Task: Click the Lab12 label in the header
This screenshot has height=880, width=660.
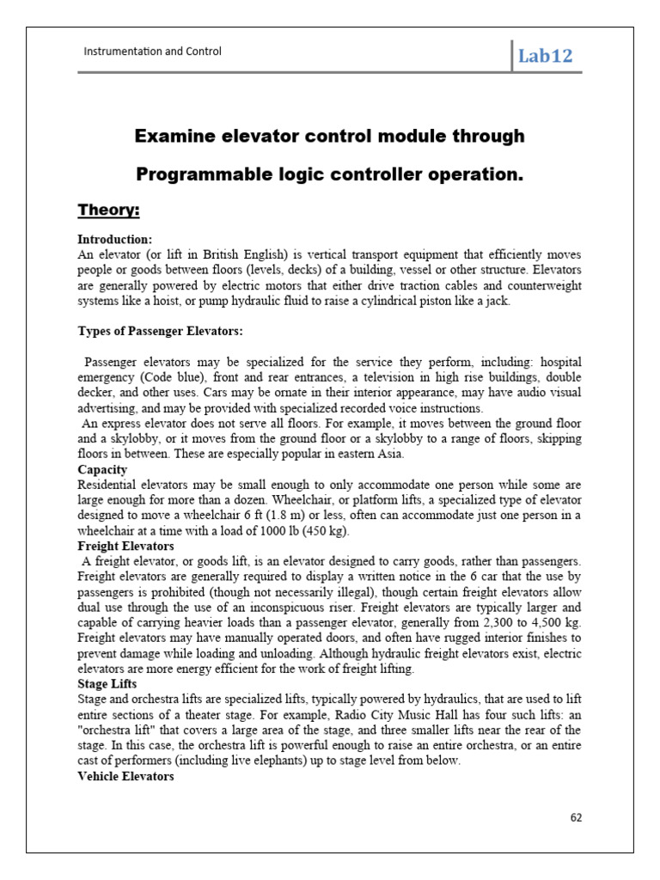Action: [545, 57]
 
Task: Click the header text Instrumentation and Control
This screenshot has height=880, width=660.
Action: [152, 52]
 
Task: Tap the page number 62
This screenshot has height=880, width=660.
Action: [576, 817]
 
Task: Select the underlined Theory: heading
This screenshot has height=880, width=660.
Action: [109, 211]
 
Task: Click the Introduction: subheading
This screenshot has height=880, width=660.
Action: [115, 239]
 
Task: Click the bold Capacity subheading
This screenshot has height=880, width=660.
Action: [102, 470]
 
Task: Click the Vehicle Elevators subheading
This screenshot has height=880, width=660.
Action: [125, 777]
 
